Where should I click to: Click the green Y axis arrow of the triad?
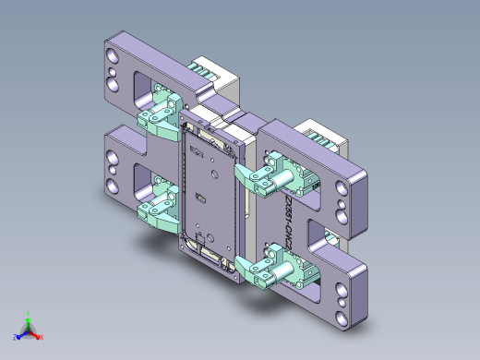click(29, 317)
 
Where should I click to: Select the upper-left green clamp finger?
click(150, 119)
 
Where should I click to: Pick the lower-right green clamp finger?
click(248, 269)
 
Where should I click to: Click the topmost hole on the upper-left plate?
click(112, 55)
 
